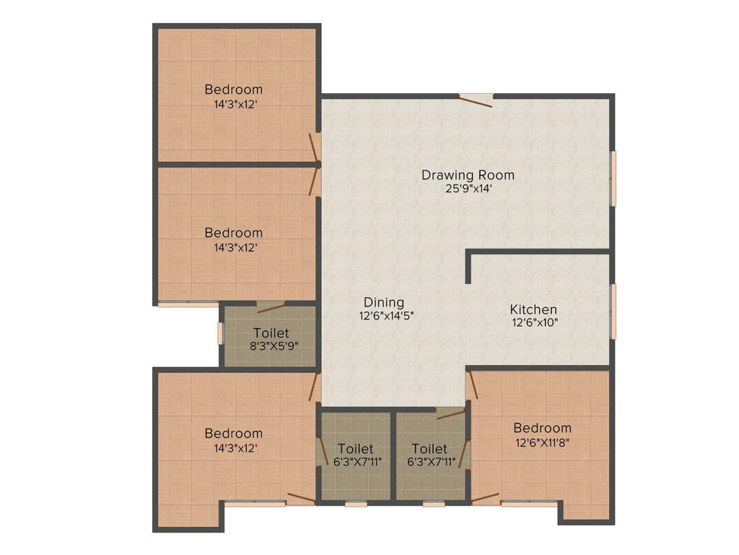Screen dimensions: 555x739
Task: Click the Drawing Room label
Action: click(468, 175)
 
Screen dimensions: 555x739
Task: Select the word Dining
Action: click(383, 302)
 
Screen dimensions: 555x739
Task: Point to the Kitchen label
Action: click(533, 309)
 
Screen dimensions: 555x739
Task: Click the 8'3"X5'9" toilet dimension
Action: click(271, 345)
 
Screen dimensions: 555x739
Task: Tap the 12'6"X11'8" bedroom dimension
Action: click(542, 442)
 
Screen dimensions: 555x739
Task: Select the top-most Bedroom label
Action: click(233, 90)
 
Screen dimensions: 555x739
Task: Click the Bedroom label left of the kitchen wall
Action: click(233, 233)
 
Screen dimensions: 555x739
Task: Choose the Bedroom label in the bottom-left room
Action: click(233, 434)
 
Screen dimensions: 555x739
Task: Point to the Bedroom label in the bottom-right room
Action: click(542, 428)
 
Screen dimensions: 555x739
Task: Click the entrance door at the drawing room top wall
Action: click(476, 99)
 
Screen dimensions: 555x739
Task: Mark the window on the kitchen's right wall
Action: click(613, 311)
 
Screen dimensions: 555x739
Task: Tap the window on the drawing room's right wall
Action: click(613, 178)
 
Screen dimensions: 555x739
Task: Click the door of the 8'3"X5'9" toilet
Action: click(271, 306)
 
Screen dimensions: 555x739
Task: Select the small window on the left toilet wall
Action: click(221, 333)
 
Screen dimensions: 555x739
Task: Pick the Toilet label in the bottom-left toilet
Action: click(355, 449)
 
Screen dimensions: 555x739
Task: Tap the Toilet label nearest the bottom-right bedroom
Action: click(429, 449)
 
